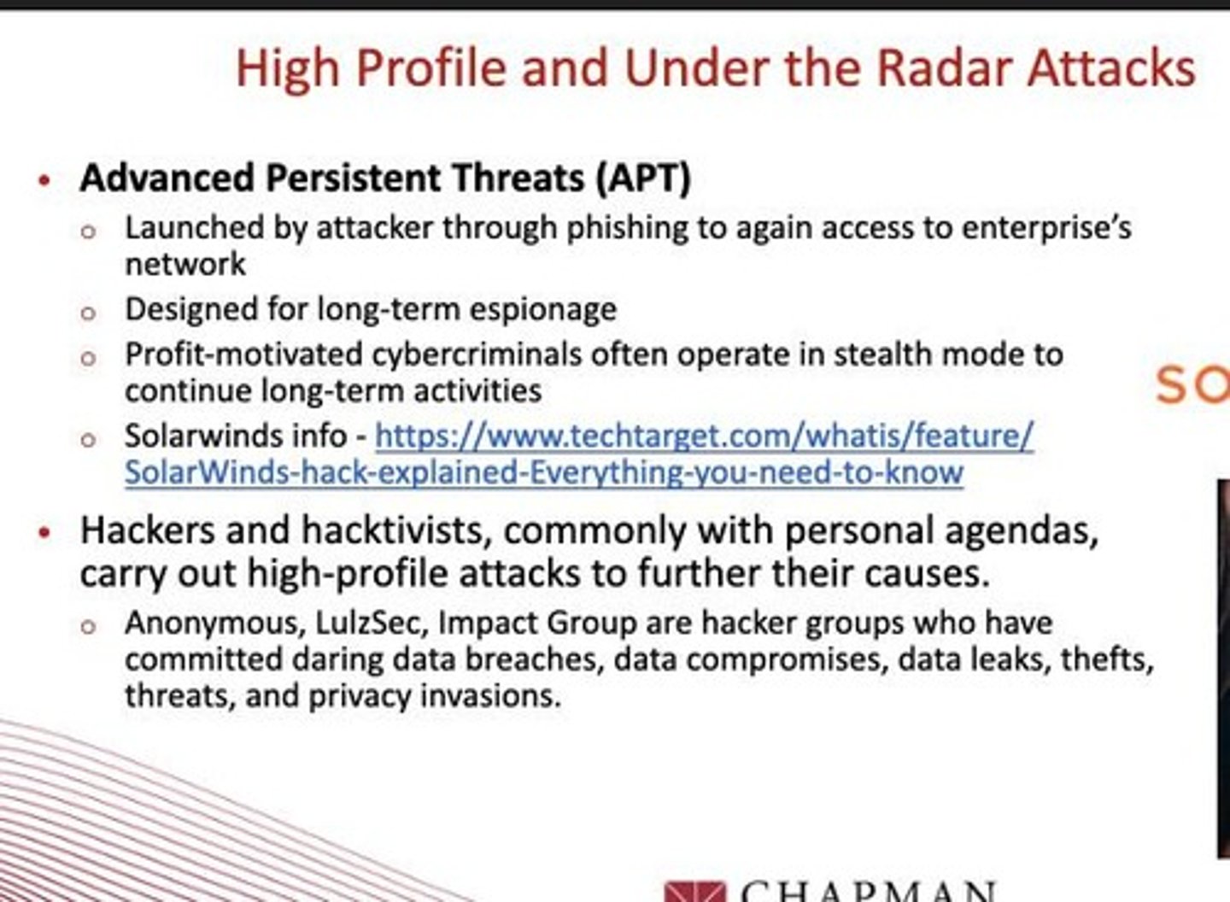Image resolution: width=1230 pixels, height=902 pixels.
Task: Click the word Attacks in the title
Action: [1111, 68]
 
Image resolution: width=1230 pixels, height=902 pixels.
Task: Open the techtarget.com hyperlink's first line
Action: [704, 436]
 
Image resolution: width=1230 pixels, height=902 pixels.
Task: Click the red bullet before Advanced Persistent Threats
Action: [44, 180]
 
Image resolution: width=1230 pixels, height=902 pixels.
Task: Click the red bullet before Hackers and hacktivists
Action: [44, 533]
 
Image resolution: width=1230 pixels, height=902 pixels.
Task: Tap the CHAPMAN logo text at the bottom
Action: [867, 891]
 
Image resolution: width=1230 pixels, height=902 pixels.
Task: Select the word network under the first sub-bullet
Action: [185, 264]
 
